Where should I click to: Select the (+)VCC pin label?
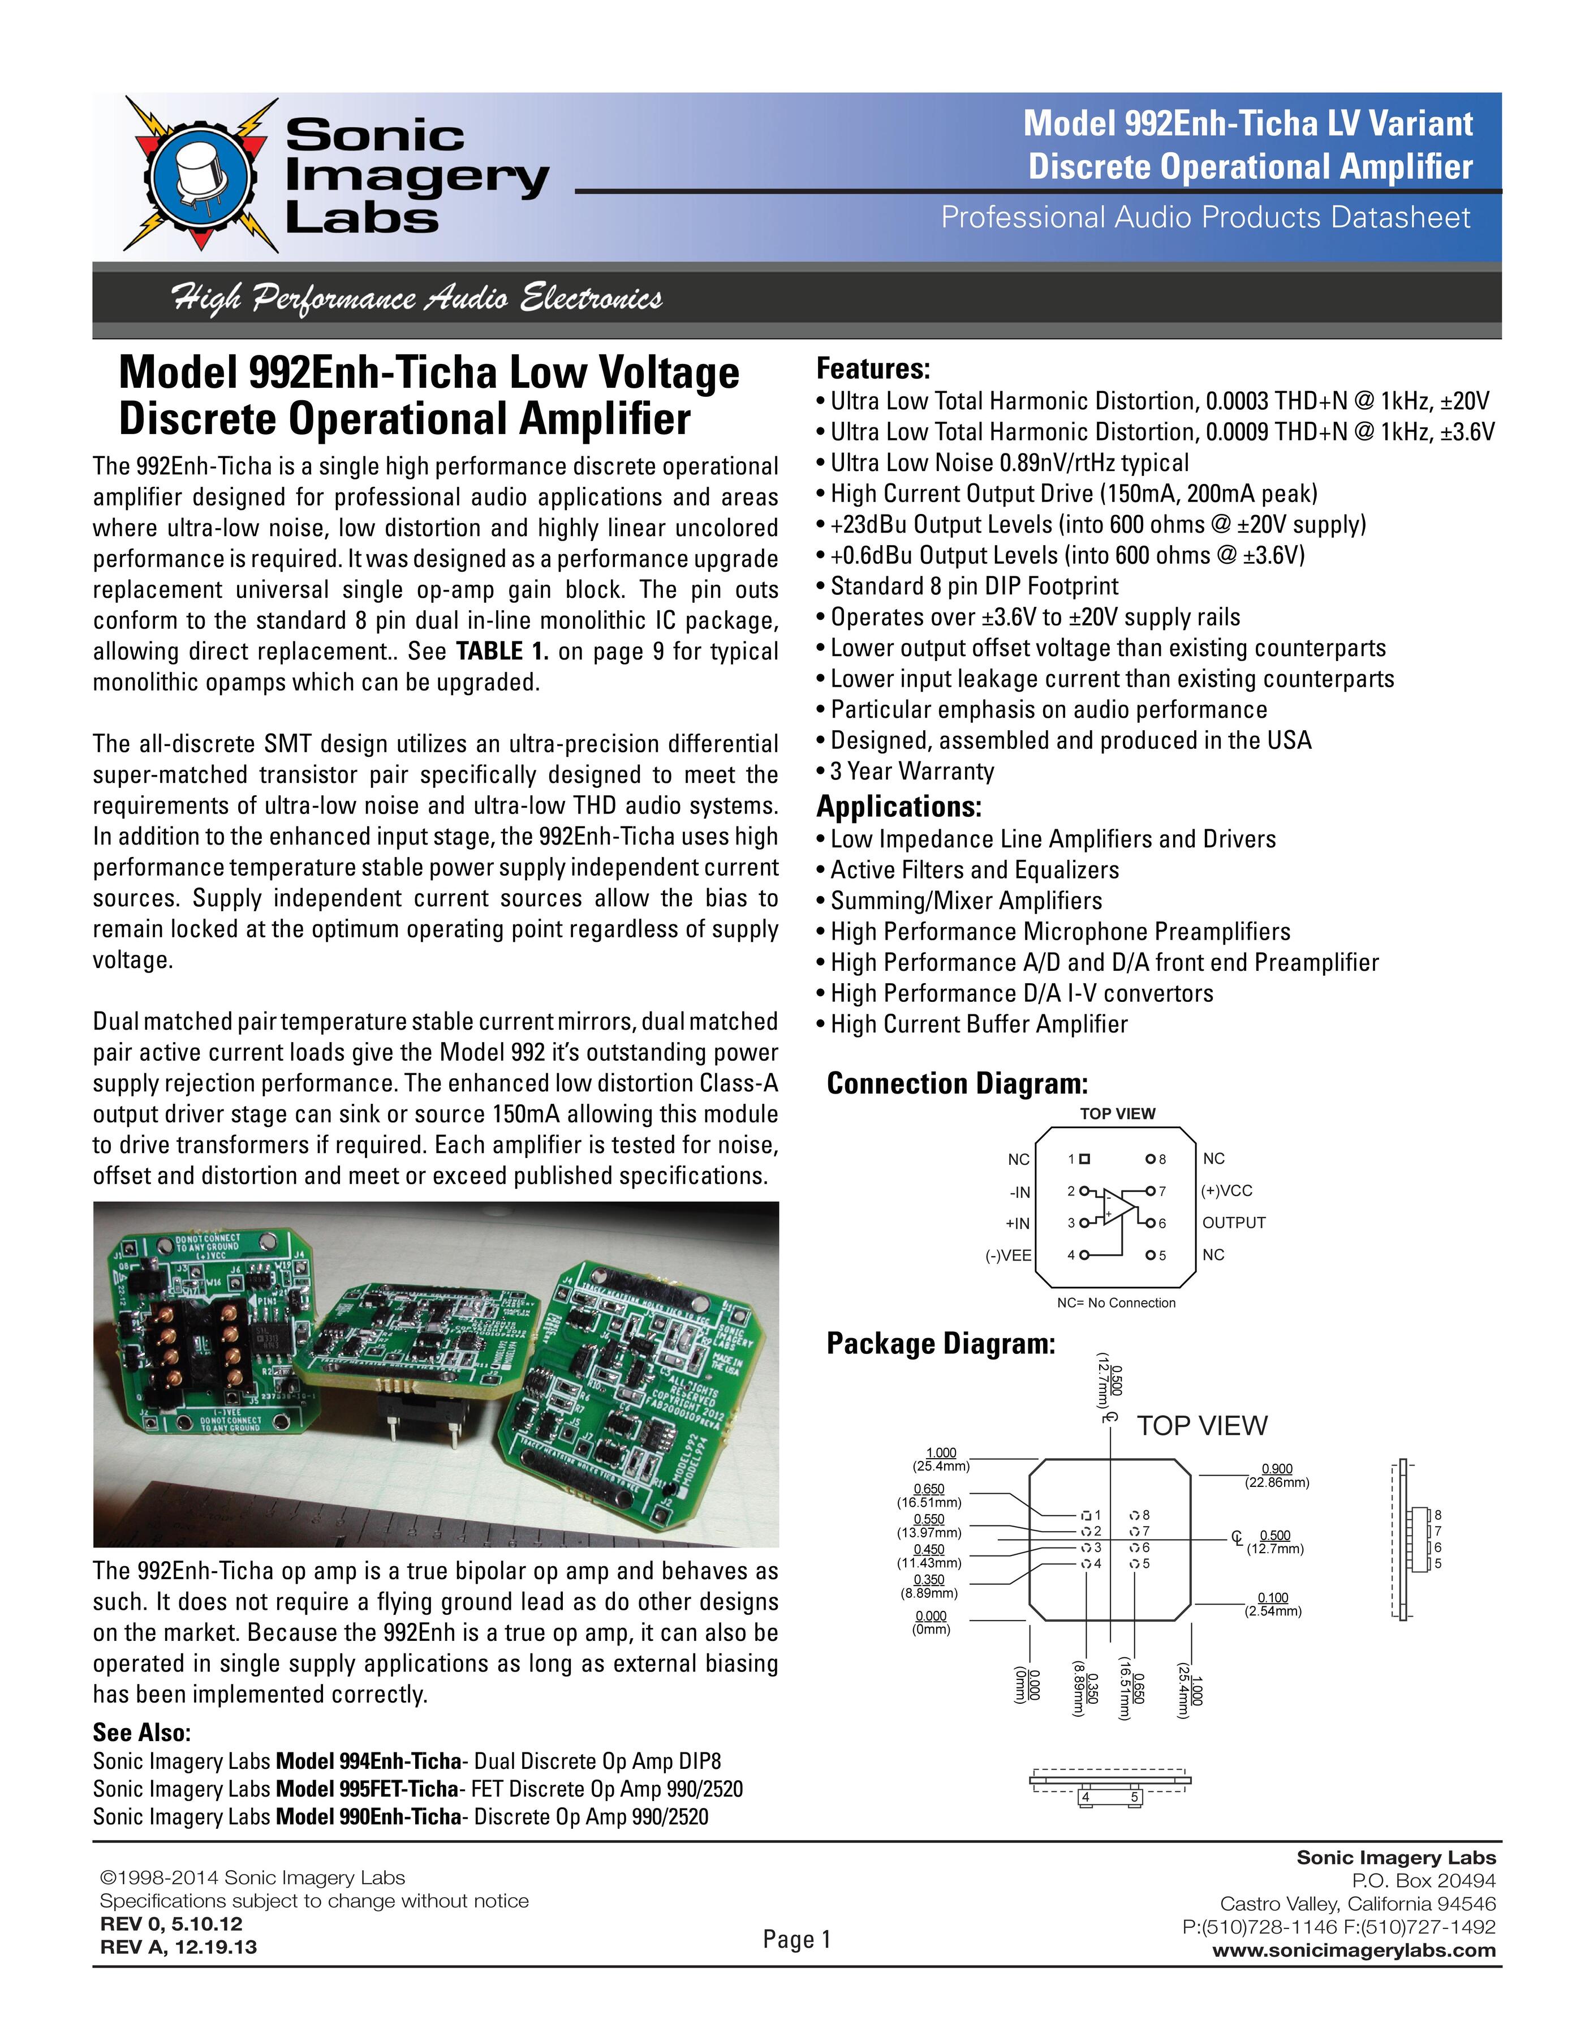(x=1227, y=1190)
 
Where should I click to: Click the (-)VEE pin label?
(x=1008, y=1255)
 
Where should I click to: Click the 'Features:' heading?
(x=873, y=369)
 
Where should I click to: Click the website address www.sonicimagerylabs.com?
(x=1354, y=1950)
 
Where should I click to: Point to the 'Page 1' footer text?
(x=796, y=1940)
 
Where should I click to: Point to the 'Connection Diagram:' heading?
(x=957, y=1083)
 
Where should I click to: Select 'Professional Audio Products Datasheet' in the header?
(x=1205, y=217)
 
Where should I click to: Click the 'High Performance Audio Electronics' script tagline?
(x=416, y=298)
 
